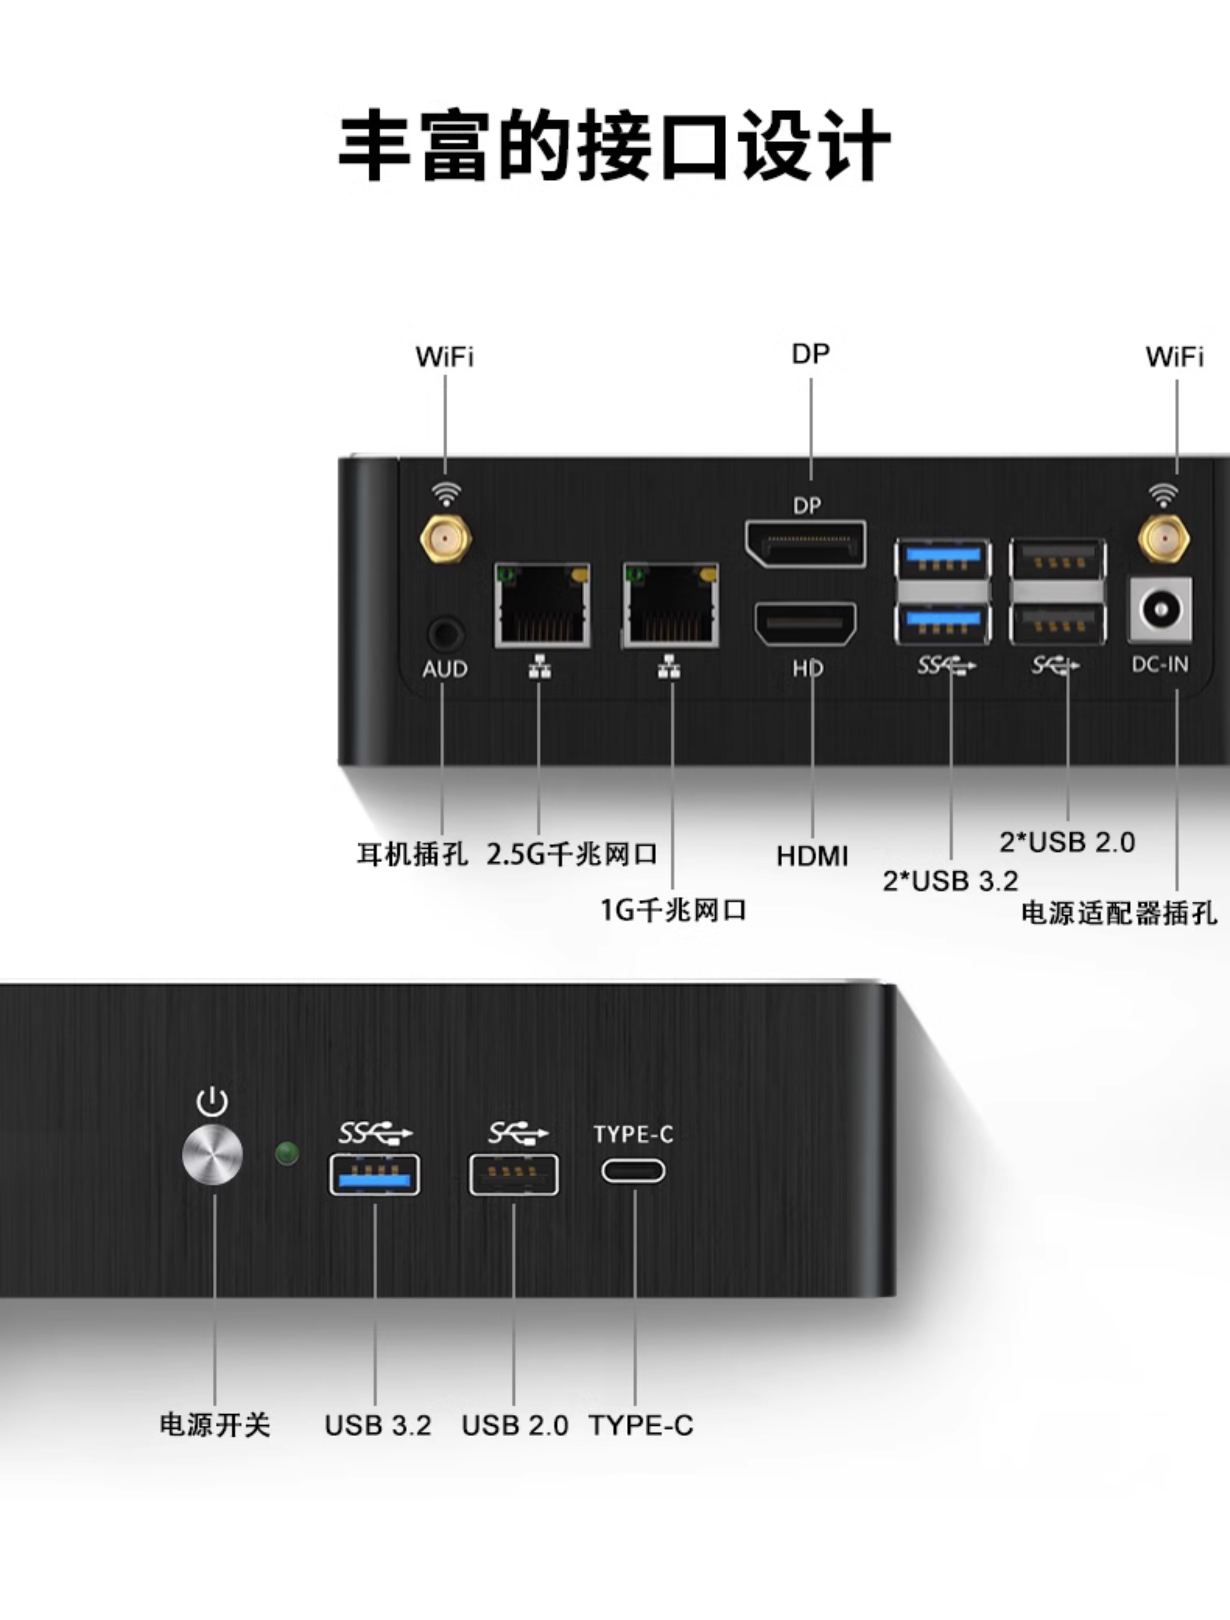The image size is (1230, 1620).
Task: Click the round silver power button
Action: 212,1155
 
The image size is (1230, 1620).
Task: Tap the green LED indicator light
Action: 287,1154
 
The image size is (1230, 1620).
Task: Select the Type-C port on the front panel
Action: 633,1170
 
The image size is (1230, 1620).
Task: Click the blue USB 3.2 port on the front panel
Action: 374,1175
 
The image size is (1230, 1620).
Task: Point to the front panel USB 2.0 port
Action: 513,1175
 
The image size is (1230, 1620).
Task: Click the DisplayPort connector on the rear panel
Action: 805,544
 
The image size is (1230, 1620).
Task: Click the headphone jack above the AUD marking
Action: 445,634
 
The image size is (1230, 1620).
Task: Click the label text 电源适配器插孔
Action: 1118,913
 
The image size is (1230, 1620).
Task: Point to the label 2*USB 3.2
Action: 950,881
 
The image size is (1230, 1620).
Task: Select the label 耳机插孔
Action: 412,854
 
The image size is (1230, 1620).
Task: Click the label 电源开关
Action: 215,1425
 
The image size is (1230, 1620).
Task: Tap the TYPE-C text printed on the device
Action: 633,1134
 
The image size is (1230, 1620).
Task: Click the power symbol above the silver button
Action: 212,1101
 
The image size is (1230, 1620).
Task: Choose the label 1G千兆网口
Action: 673,910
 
